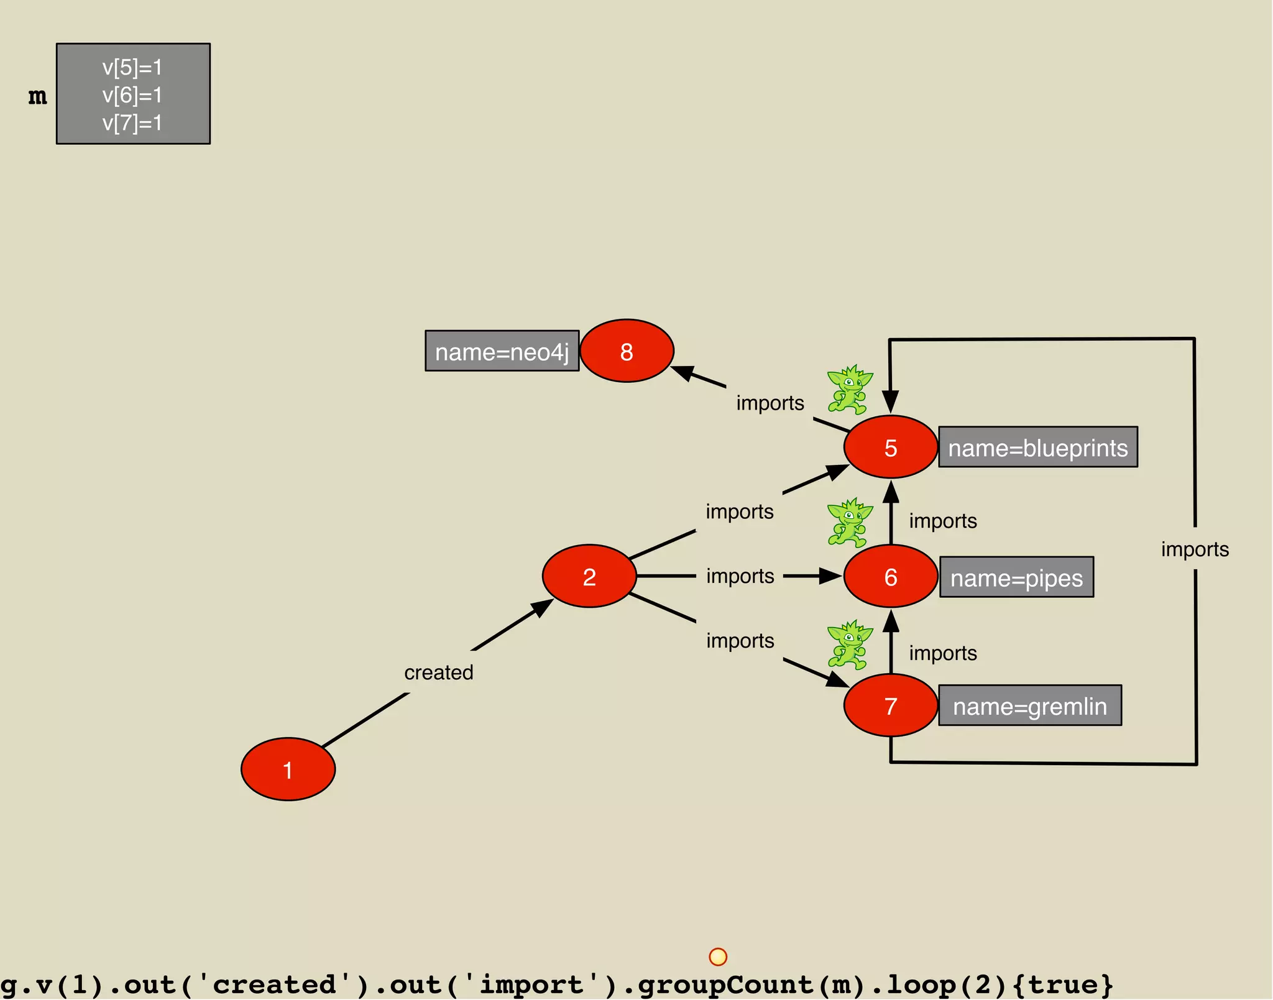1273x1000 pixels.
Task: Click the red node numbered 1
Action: click(x=288, y=769)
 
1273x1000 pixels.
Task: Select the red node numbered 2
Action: click(x=589, y=576)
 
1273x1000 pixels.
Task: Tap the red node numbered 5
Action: click(x=890, y=447)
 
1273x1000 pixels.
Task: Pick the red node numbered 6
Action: click(x=890, y=576)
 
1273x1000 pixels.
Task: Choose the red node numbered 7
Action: click(x=890, y=705)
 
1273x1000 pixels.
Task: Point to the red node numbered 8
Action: click(x=627, y=351)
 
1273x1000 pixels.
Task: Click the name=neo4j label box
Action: click(x=502, y=351)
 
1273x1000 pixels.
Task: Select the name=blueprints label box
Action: click(x=1037, y=447)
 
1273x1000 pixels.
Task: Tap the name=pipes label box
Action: click(x=1016, y=577)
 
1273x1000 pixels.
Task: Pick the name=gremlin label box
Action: click(x=1030, y=705)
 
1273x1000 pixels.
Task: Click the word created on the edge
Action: click(x=439, y=672)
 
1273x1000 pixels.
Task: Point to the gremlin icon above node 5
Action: click(x=849, y=390)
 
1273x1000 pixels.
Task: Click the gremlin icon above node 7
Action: click(x=849, y=644)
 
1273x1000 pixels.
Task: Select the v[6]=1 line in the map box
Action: click(x=132, y=95)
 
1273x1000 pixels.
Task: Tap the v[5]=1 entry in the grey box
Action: click(x=132, y=67)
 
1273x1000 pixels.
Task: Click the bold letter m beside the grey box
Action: click(x=38, y=96)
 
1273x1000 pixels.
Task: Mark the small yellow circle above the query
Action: click(x=718, y=956)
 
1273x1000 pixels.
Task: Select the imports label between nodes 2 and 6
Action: click(x=740, y=576)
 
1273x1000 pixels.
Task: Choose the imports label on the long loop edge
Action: click(x=1195, y=549)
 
